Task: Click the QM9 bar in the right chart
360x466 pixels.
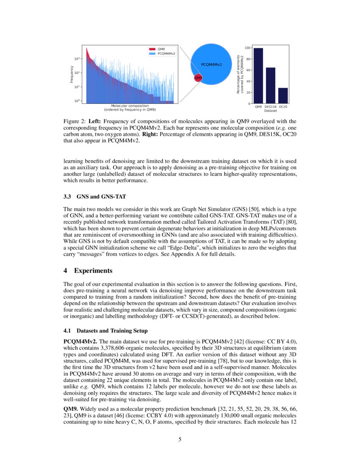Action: pos(258,76)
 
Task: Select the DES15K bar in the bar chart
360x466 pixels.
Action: pos(271,86)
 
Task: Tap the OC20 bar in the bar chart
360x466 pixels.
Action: pos(283,96)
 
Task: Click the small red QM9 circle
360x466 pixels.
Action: pos(198,78)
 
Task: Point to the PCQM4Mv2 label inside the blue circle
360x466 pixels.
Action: pos(211,64)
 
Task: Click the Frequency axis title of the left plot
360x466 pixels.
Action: pos(72,74)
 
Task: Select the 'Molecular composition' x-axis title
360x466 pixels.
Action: pos(130,105)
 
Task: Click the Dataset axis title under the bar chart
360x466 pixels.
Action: pos(270,111)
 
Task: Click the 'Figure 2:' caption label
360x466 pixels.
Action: pos(75,121)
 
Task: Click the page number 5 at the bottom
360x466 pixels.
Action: pos(180,439)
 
